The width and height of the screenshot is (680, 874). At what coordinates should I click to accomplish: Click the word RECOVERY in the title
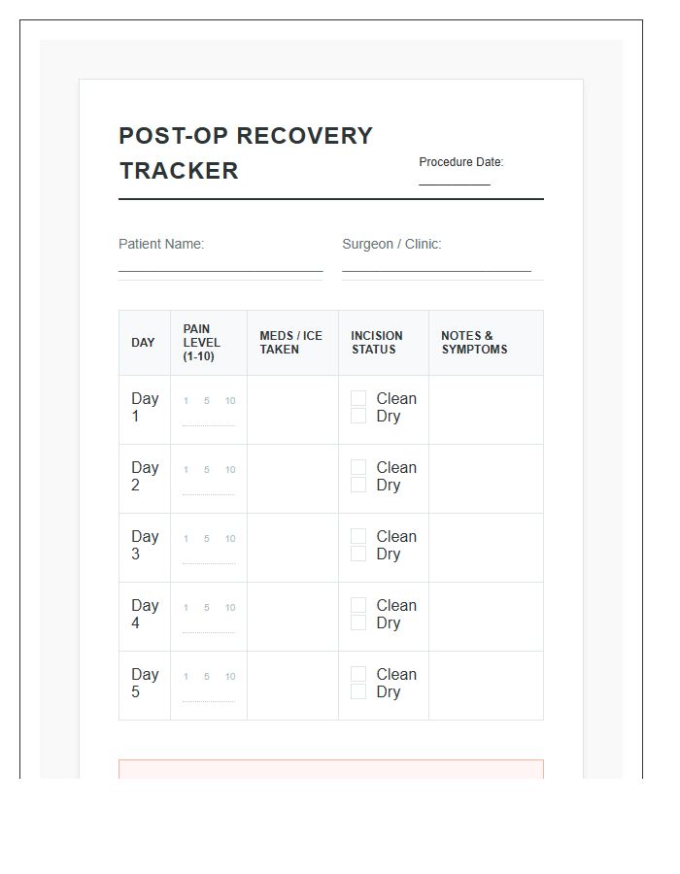point(305,136)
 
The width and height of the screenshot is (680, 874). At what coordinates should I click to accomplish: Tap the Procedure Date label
point(460,162)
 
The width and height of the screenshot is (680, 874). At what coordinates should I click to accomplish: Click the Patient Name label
point(161,244)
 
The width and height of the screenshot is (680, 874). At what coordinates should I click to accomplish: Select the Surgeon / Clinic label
point(391,244)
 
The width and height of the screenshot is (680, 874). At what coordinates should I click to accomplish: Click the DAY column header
point(143,343)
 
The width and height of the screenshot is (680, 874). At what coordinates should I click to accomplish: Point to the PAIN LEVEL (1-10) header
point(201,343)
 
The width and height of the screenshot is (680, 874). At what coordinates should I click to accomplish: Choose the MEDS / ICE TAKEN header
point(290,343)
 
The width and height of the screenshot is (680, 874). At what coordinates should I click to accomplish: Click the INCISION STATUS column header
point(376,343)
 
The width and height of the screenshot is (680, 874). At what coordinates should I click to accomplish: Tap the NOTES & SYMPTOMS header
point(474,343)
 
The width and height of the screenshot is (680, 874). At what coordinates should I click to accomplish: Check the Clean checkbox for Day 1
point(358,398)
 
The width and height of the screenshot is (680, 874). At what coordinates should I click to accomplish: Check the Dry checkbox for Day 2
point(358,485)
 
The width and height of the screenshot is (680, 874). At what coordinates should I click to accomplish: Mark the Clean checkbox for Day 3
point(358,536)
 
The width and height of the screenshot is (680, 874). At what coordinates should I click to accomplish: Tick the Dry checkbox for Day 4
point(358,622)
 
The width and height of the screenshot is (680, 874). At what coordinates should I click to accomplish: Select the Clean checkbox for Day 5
point(358,674)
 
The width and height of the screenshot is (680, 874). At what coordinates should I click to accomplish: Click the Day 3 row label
point(145,545)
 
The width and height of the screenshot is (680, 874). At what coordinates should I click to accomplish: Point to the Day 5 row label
point(145,683)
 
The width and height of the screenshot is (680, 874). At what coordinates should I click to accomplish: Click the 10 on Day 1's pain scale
point(230,401)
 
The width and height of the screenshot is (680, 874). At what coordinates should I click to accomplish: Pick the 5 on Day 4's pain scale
point(206,608)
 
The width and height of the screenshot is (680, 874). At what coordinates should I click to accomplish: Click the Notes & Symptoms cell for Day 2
point(486,478)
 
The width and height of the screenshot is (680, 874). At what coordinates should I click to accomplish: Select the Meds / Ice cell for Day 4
point(292,616)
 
